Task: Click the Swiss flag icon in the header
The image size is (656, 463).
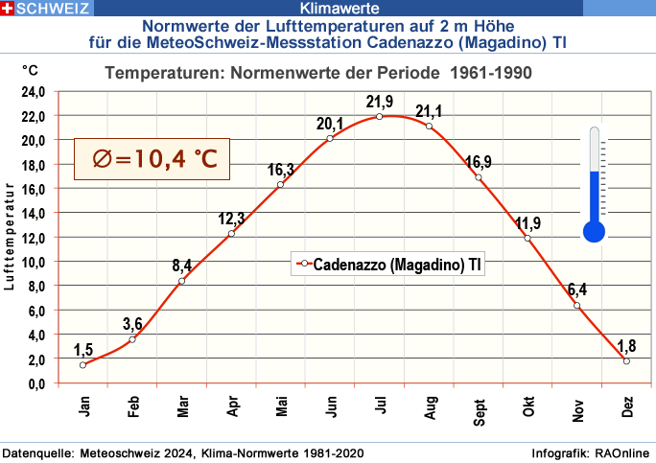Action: pyautogui.click(x=9, y=10)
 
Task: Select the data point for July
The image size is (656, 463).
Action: pyautogui.click(x=380, y=116)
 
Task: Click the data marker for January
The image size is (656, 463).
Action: pyautogui.click(x=83, y=364)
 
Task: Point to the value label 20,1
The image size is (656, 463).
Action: pyautogui.click(x=330, y=123)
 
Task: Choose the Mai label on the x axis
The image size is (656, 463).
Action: pyautogui.click(x=282, y=409)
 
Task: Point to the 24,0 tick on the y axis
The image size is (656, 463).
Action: pyautogui.click(x=34, y=92)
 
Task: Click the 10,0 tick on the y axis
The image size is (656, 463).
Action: pyautogui.click(x=34, y=262)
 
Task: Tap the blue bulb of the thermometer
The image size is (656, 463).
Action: pyautogui.click(x=595, y=230)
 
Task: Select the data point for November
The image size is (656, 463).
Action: pyautogui.click(x=577, y=305)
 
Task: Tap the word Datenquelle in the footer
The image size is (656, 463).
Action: pyautogui.click(x=36, y=451)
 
